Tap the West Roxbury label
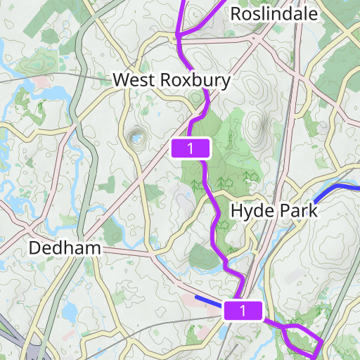pyautogui.click(x=172, y=81)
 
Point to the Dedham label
pyautogui.click(x=65, y=248)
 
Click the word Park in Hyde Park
pyautogui.click(x=295, y=210)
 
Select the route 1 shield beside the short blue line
pyautogui.click(x=243, y=310)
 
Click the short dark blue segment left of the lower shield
pyautogui.click(x=208, y=302)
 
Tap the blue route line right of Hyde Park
pyautogui.click(x=336, y=189)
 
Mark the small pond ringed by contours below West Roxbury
pyautogui.click(x=134, y=139)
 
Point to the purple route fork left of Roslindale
pyautogui.click(x=179, y=33)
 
